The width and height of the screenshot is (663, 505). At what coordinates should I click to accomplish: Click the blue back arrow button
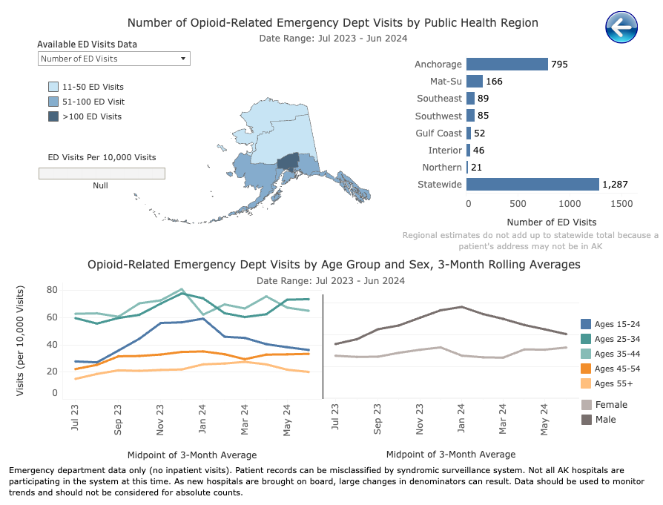coord(621,27)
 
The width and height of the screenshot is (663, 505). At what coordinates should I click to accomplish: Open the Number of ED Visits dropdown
coord(114,59)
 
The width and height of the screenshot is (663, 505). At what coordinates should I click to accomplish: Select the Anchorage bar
coord(507,65)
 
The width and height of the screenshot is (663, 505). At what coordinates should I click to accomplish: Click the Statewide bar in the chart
coord(532,184)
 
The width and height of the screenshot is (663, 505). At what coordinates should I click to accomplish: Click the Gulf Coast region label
coord(438,133)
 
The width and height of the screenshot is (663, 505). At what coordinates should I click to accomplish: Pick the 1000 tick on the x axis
coord(570,203)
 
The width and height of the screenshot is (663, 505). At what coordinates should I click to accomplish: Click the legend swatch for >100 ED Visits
coord(53,116)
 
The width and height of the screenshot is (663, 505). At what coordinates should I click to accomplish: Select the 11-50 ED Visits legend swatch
coord(53,87)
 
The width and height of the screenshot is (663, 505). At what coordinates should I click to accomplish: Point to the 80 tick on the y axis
coord(53,290)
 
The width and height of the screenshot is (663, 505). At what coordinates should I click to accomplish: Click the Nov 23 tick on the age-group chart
coord(160,419)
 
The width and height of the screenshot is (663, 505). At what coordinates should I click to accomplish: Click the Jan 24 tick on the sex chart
coord(462,419)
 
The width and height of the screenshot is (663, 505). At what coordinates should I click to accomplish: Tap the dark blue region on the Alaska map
coord(288,162)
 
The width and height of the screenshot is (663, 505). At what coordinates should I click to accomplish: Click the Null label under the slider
coord(100,185)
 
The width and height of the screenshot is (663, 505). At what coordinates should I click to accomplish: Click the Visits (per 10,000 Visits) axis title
coord(20,340)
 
